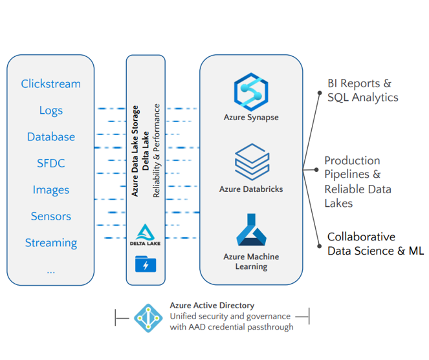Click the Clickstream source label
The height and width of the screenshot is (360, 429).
(x=50, y=84)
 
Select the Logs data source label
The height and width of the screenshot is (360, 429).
(x=50, y=111)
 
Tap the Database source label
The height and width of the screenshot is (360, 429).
(x=50, y=137)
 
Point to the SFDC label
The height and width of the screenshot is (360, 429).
(x=50, y=164)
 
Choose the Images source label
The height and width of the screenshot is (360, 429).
(x=50, y=190)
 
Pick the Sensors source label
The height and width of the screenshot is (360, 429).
(x=50, y=217)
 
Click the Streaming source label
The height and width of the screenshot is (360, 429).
(x=50, y=243)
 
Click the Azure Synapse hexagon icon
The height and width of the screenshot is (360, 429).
(x=250, y=91)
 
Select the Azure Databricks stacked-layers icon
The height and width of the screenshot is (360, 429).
(x=250, y=162)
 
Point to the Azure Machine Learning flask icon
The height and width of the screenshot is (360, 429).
(x=250, y=231)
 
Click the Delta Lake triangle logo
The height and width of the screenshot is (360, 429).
(x=146, y=231)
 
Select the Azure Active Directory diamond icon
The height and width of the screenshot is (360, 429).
(x=149, y=317)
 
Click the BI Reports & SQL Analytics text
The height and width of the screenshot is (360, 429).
(x=362, y=90)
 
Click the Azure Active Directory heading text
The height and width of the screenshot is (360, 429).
(x=212, y=305)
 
